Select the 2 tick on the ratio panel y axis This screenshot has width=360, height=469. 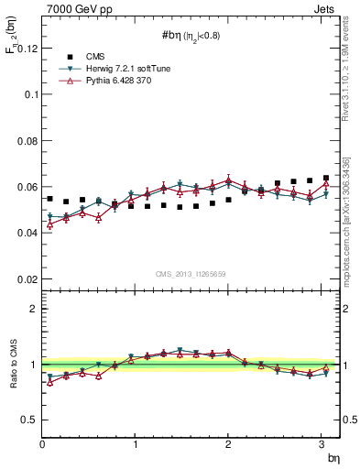pyautogui.click(x=34, y=309)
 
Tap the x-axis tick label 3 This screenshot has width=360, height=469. pyautogui.click(x=322, y=444)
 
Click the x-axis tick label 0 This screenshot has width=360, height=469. pyautogui.click(x=42, y=444)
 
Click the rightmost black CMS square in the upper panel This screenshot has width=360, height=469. pyautogui.click(x=326, y=178)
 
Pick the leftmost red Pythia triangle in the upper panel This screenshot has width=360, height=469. pyautogui.click(x=50, y=224)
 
